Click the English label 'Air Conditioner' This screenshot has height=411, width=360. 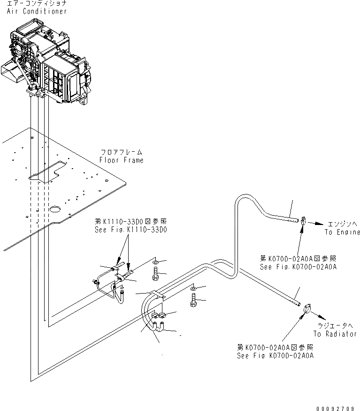tap(37, 11)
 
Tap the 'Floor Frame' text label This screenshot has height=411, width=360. tap(121, 160)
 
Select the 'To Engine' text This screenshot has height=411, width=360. tap(342, 232)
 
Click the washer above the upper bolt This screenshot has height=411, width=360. tap(156, 261)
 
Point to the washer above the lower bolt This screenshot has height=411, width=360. tap(194, 287)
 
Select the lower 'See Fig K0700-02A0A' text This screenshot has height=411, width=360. tap(275, 355)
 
